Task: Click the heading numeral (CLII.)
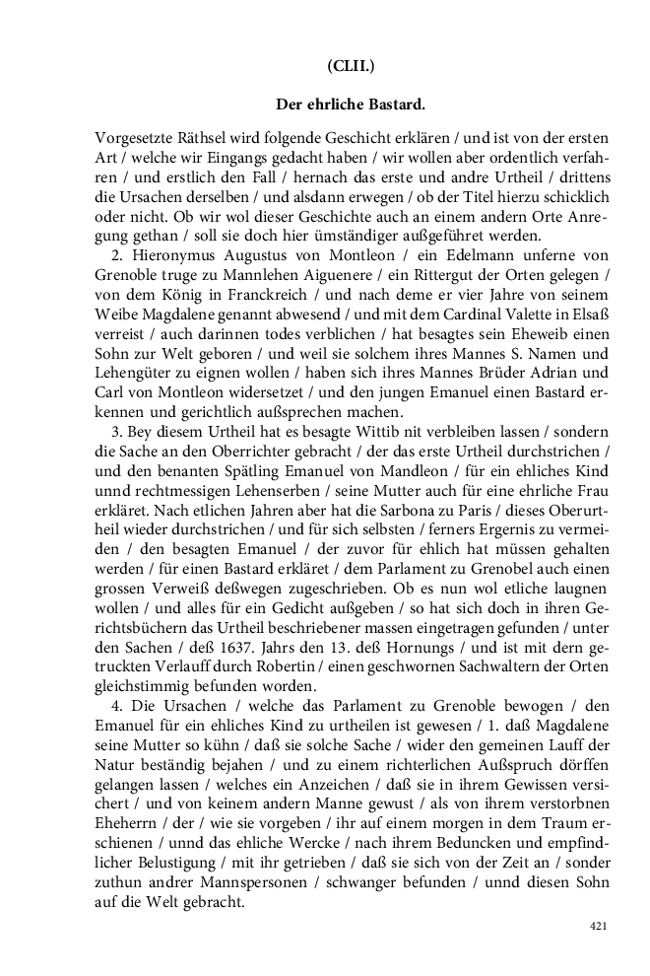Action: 351,66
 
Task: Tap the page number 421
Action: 598,926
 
